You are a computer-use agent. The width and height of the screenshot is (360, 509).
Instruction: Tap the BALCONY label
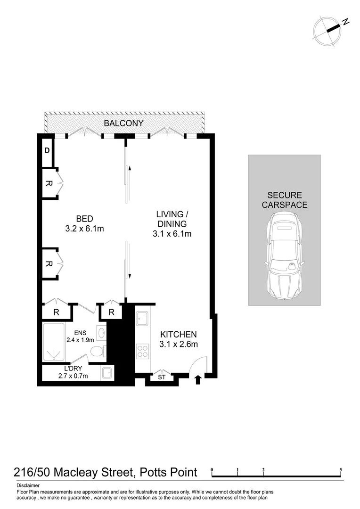coord(123,123)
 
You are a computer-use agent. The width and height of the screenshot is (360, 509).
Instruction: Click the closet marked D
coord(47,151)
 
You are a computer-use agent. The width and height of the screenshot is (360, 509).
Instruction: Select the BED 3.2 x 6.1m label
coord(84,224)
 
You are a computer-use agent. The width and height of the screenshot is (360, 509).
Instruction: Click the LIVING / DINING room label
coord(172,224)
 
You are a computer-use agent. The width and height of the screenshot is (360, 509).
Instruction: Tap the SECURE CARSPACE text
coord(284,200)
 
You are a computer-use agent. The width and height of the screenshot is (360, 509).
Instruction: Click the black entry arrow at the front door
coord(198,379)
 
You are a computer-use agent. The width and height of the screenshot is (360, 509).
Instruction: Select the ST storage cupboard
coord(162,377)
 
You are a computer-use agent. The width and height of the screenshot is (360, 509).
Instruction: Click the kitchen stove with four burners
coord(142,352)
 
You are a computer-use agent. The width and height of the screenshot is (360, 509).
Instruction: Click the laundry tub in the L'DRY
coord(107,373)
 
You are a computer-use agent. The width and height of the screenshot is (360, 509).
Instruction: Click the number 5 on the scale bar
coord(340,470)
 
